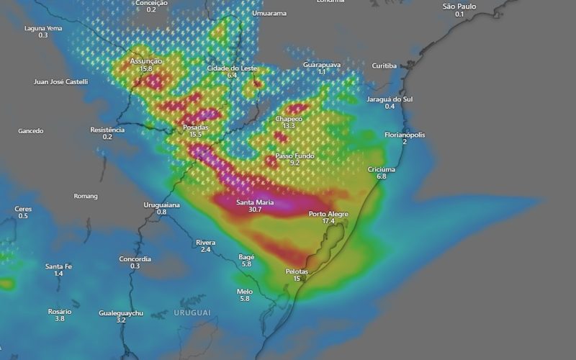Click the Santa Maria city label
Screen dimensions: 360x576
(x=254, y=202)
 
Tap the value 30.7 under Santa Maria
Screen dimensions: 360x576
(x=254, y=210)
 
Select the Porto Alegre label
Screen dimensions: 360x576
(x=328, y=214)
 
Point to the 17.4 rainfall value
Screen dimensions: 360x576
(x=328, y=221)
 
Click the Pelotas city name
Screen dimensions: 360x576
(x=297, y=271)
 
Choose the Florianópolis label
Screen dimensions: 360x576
(x=405, y=135)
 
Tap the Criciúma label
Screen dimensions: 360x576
(x=382, y=169)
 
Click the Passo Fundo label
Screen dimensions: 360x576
(x=294, y=156)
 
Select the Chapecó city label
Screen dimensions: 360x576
(x=289, y=119)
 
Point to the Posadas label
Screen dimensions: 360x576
(x=195, y=127)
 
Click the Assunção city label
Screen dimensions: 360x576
(x=146, y=62)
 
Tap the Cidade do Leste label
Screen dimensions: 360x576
(x=232, y=68)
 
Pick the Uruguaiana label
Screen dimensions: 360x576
(x=161, y=204)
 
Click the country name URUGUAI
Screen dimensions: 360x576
(x=192, y=312)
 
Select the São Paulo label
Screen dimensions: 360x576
(x=459, y=6)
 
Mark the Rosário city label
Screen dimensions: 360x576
(x=60, y=311)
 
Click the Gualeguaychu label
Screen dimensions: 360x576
(x=121, y=313)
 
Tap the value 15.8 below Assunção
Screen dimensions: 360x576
(x=146, y=69)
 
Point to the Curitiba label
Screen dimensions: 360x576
(x=384, y=66)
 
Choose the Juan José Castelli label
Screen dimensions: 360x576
(x=60, y=81)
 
